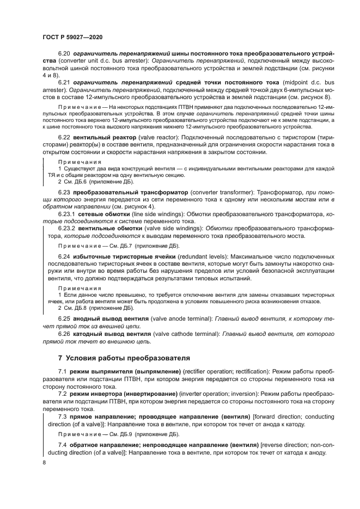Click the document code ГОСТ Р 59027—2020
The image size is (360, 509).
[x=72, y=36]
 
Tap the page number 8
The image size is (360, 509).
[x=44, y=462]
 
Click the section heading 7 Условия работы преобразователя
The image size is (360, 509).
[x=124, y=358]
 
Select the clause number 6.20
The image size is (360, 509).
[x=65, y=54]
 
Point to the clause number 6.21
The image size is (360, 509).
[x=65, y=82]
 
